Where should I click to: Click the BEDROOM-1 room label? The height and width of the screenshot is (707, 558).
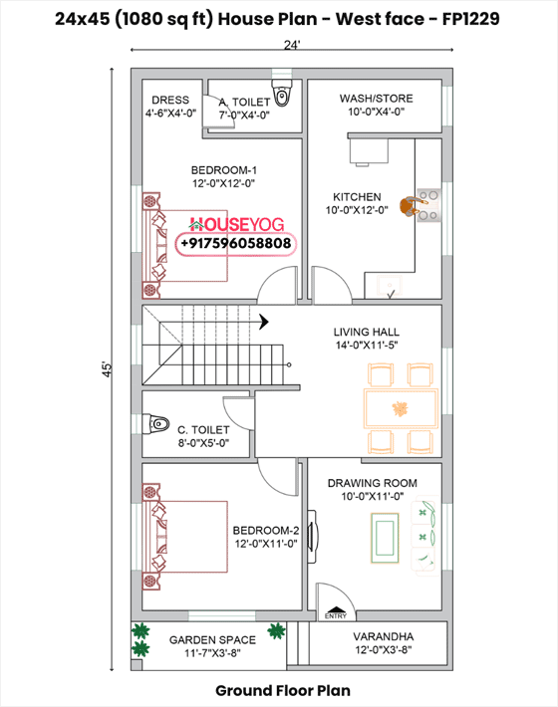pos(224,169)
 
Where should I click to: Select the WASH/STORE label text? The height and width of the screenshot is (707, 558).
pos(376,99)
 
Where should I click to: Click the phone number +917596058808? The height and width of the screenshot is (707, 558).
pos(236,243)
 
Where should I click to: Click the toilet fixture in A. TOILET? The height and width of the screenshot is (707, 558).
pos(283,97)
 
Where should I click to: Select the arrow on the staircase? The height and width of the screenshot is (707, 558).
pos(264,322)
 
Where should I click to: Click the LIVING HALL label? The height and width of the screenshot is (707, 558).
pos(367,332)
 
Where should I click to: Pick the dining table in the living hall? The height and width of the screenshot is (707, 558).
pos(401,408)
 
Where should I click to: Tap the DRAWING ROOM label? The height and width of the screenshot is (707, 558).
pos(372,483)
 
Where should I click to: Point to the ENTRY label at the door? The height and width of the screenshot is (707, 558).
pos(335,616)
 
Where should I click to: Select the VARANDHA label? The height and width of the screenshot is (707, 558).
pos(383,636)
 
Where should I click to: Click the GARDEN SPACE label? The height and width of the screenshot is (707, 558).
pos(211,640)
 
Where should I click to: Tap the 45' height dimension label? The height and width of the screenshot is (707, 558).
pos(107,367)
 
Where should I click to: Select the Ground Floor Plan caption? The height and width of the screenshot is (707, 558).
pos(282,689)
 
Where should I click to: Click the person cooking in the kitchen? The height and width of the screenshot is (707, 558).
pos(411,207)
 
